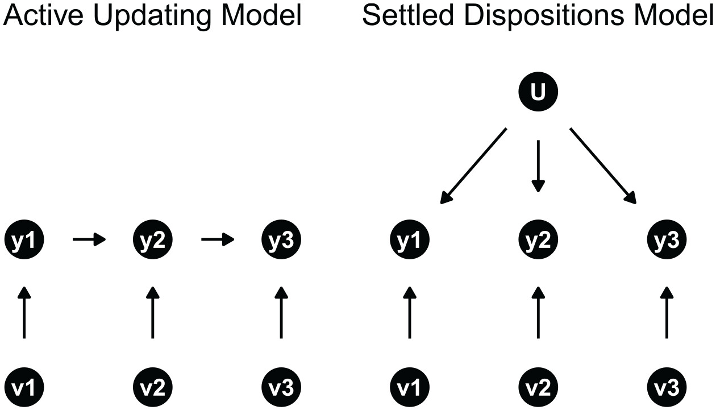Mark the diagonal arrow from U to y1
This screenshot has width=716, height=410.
pyautogui.click(x=474, y=165)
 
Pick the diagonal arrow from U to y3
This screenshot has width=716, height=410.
pyautogui.click(x=602, y=165)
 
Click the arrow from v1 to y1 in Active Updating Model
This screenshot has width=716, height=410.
pyautogui.click(x=23, y=312)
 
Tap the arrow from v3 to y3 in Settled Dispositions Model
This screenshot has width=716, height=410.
pyautogui.click(x=667, y=312)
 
